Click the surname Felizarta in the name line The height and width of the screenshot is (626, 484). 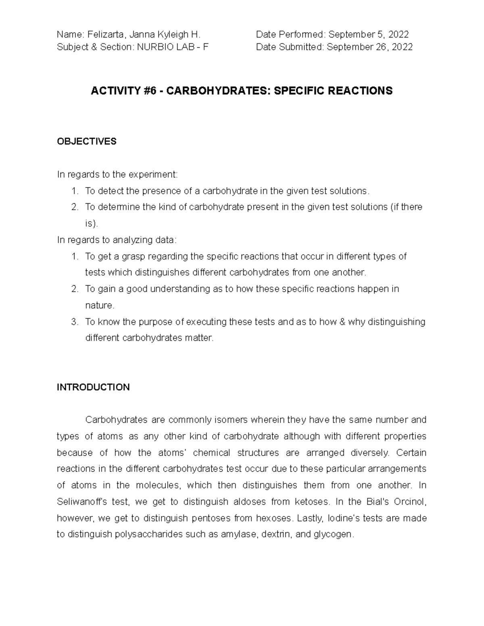pyautogui.click(x=104, y=35)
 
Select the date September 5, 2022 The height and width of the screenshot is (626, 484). pyautogui.click(x=369, y=35)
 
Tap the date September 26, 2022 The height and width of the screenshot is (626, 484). pyautogui.click(x=369, y=47)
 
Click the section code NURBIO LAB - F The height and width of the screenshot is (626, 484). pyautogui.click(x=173, y=47)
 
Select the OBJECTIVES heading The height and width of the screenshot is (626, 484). pyautogui.click(x=87, y=141)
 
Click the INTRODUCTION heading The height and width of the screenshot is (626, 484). pyautogui.click(x=93, y=387)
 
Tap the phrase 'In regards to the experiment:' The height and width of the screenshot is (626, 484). pyautogui.click(x=117, y=175)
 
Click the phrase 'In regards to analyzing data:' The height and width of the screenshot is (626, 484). pyautogui.click(x=117, y=240)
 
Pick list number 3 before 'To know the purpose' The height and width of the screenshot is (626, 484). pyautogui.click(x=74, y=322)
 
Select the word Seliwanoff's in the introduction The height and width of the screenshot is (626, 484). pyautogui.click(x=82, y=502)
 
